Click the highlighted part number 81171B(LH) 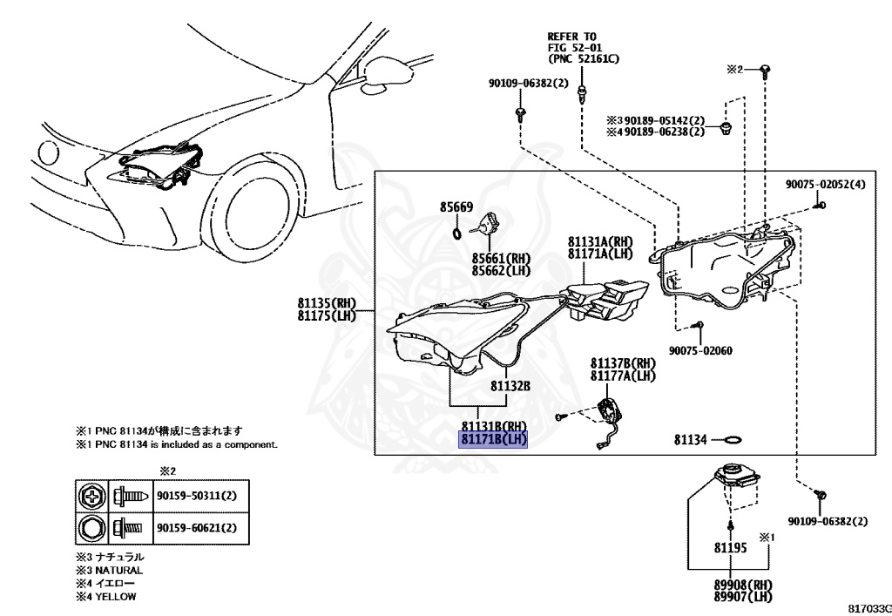tap(493, 438)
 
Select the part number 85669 tap(456, 207)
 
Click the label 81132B tap(510, 384)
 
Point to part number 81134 tap(692, 441)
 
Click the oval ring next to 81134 tap(733, 441)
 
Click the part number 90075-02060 tap(700, 350)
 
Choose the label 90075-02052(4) tap(826, 185)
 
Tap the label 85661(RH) tap(502, 259)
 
